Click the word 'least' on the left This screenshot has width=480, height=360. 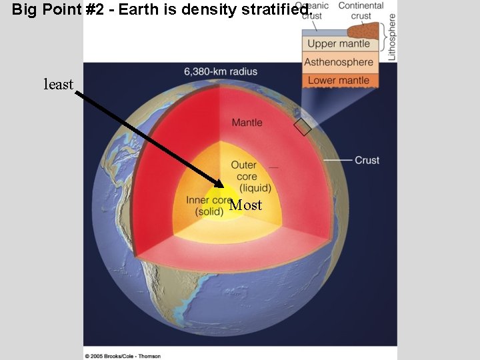pyautogui.click(x=58, y=85)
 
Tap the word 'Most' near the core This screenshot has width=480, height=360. pyautogui.click(x=245, y=205)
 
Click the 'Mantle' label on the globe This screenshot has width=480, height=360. pyautogui.click(x=247, y=123)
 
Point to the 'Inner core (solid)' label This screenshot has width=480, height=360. pyautogui.click(x=209, y=205)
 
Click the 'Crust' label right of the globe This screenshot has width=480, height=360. pyautogui.click(x=367, y=160)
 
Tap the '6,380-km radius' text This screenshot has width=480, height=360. pyautogui.click(x=221, y=71)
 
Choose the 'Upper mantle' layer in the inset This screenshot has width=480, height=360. pyautogui.click(x=339, y=44)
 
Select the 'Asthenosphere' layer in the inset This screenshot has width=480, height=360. pyautogui.click(x=339, y=62)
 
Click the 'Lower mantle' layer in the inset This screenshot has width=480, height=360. pyautogui.click(x=339, y=80)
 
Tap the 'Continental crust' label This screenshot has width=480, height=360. pyautogui.click(x=360, y=11)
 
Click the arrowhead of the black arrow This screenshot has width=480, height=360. pyautogui.click(x=220, y=183)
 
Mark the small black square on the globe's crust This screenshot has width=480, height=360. pyautogui.click(x=303, y=127)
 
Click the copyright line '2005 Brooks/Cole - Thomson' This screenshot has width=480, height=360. pyautogui.click(x=123, y=356)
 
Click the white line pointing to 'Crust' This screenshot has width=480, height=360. pyautogui.click(x=338, y=161)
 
